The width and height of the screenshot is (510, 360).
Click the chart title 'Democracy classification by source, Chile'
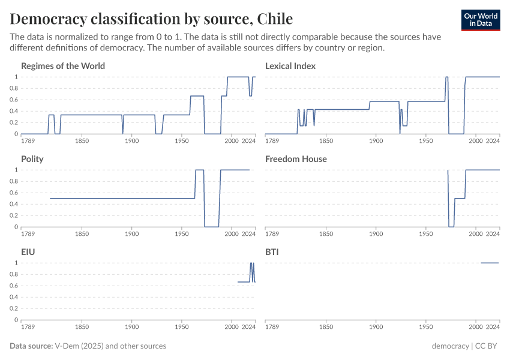(x=151, y=18)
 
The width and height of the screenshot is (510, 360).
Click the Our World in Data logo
(x=480, y=20)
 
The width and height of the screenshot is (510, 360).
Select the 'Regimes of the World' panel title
(x=63, y=66)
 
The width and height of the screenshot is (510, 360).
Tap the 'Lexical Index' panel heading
(x=290, y=66)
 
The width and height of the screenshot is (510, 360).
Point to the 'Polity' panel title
(x=32, y=159)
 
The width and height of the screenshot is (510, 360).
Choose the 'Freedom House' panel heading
(x=296, y=159)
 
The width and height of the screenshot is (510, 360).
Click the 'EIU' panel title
(x=28, y=252)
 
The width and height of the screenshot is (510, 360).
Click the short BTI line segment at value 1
(x=490, y=263)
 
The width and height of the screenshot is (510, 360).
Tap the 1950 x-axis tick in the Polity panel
(x=182, y=235)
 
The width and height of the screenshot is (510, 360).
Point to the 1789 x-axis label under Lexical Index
(x=272, y=142)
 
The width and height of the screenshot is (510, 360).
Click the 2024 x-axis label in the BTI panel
(x=493, y=328)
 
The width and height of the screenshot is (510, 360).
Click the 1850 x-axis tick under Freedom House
(x=326, y=235)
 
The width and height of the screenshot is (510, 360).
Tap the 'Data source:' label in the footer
(x=31, y=346)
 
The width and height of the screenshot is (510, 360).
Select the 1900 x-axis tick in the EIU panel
(x=131, y=328)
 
